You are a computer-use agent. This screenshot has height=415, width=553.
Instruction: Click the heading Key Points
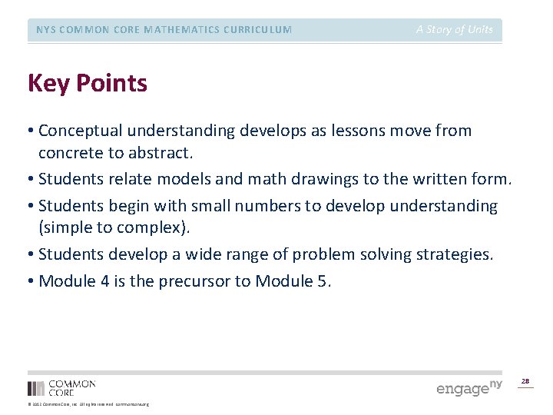(x=87, y=83)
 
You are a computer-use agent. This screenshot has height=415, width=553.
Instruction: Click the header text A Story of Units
(x=455, y=30)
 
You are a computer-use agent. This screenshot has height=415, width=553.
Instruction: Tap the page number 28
(x=525, y=381)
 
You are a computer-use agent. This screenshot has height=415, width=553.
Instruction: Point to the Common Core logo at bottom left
(x=61, y=387)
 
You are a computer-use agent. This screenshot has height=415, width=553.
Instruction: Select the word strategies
(x=452, y=254)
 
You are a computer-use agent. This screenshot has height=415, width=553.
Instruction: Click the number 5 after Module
(x=321, y=281)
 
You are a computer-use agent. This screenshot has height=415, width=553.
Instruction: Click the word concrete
(x=68, y=153)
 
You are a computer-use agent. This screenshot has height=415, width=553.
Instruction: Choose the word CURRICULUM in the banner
(x=254, y=30)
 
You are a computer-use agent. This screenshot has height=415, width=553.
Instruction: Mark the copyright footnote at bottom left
(x=88, y=404)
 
